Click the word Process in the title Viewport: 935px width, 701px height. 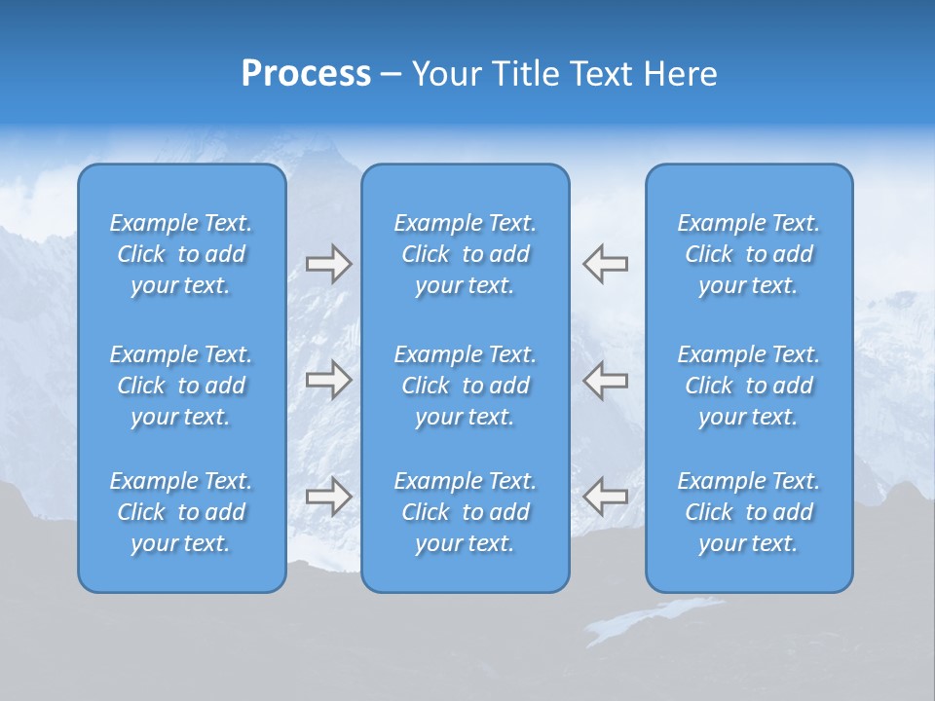coord(306,74)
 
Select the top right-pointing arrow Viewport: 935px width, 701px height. coord(328,264)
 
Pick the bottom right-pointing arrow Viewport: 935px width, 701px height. coord(328,497)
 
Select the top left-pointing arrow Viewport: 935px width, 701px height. coord(605,264)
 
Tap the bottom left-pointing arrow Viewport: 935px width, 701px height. coord(605,497)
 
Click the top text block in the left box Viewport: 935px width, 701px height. coord(181,254)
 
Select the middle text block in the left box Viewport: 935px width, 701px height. coord(181,386)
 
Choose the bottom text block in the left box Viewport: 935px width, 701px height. coord(181,512)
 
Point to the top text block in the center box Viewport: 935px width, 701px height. coord(466,254)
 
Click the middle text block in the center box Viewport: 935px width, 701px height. coord(466,386)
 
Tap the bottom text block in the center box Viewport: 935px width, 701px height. coord(466,512)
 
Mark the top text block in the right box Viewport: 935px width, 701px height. coord(749,254)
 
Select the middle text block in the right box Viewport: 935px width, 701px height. coord(749,386)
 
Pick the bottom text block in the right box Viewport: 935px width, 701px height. coord(749,512)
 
